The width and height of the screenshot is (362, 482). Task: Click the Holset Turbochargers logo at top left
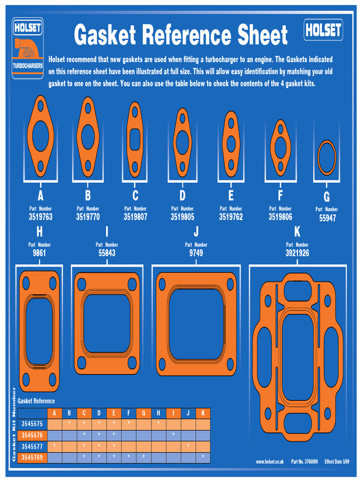click(x=27, y=48)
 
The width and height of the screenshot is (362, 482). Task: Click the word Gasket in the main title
click(x=105, y=36)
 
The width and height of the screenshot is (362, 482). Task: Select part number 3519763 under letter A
click(x=41, y=217)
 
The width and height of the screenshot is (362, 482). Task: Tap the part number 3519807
click(x=135, y=217)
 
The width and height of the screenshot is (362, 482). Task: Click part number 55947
click(x=327, y=218)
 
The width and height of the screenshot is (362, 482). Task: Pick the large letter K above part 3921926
click(x=297, y=232)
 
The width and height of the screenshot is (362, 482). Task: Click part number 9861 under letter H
click(x=40, y=253)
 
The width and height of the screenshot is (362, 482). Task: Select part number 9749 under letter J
click(x=196, y=253)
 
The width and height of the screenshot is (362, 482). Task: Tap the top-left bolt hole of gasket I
click(x=82, y=284)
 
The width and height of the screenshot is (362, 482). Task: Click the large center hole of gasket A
click(x=41, y=136)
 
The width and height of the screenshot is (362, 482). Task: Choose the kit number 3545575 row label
click(x=32, y=424)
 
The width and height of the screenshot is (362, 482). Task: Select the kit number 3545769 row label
click(x=32, y=457)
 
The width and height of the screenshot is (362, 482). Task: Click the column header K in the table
click(x=203, y=413)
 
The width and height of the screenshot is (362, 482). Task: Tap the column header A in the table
click(x=55, y=413)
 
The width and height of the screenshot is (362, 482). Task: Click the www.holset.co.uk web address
click(x=270, y=462)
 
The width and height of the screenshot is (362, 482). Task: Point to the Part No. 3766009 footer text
click(x=304, y=462)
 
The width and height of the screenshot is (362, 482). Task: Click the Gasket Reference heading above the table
click(x=36, y=401)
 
